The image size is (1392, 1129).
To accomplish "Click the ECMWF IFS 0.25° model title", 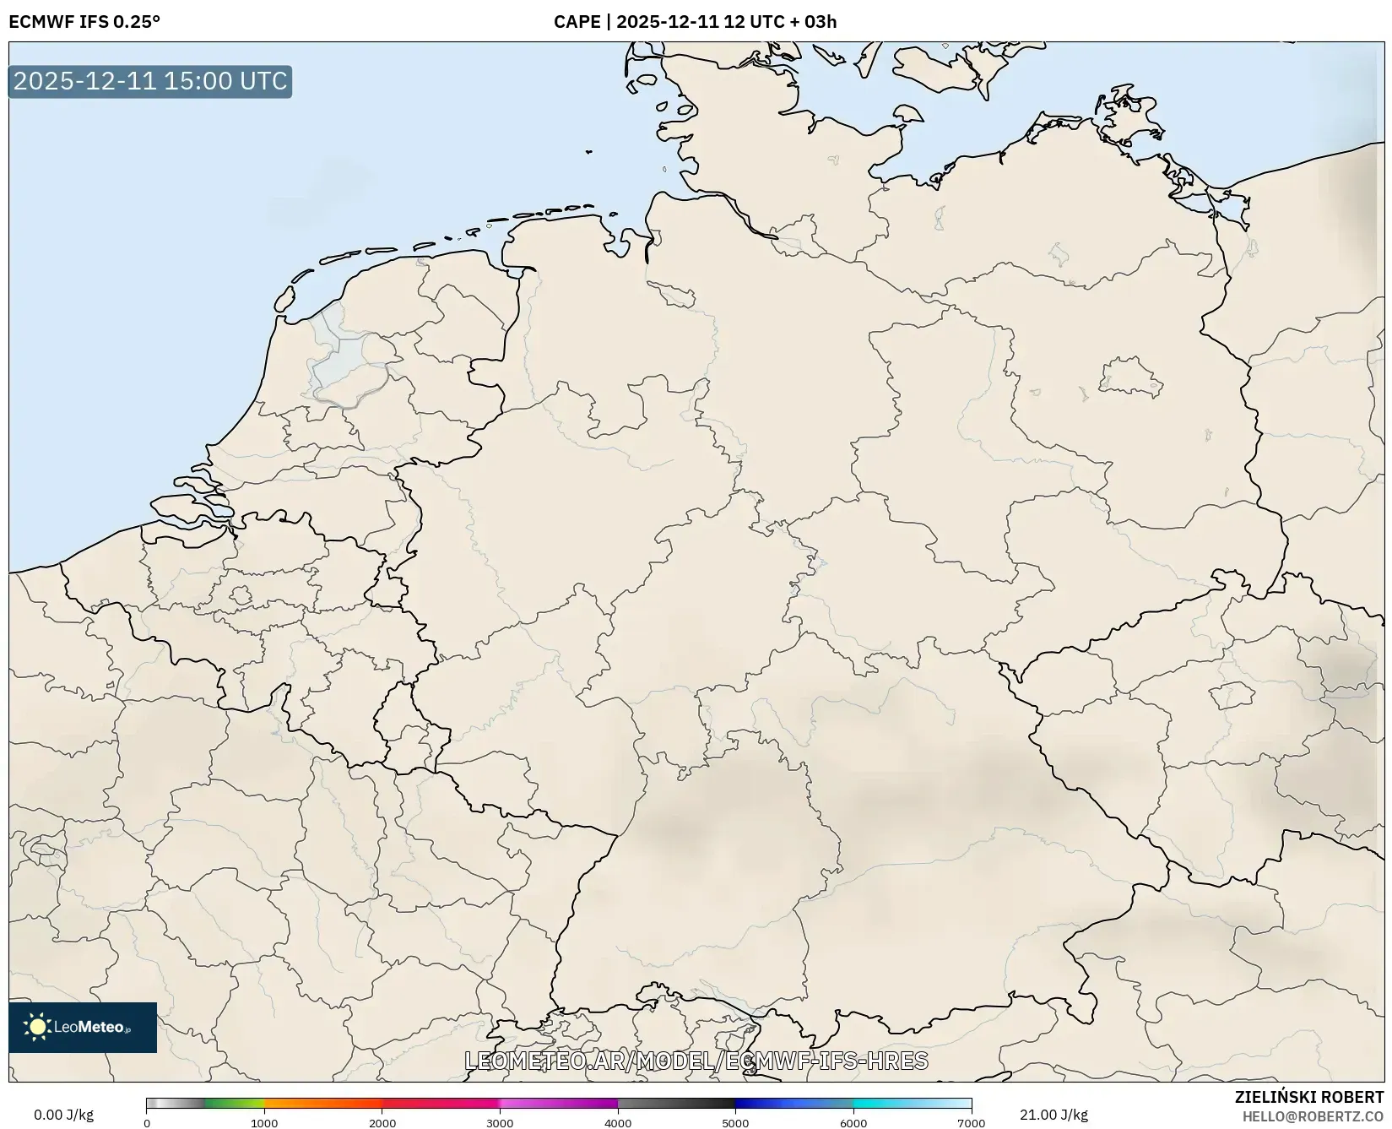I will coord(84,22).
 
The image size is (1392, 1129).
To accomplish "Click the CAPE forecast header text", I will coord(695,22).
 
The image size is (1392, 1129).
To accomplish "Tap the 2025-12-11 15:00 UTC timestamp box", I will coord(150,81).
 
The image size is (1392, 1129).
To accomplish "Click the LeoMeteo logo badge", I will coord(83,1027).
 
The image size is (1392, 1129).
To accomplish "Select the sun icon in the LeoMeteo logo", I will coord(37,1027).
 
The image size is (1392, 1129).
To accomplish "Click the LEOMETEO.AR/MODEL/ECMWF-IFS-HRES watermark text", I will coord(696,1061).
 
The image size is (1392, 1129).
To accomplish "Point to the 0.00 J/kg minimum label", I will coord(63,1115).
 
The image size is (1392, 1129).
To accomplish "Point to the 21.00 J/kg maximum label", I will coord(1053,1115).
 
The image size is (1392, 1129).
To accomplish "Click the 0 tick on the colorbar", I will coord(147,1123).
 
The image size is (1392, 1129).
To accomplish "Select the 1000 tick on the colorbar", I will coord(264,1123).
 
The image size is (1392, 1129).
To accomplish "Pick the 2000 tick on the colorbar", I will coord(382,1123).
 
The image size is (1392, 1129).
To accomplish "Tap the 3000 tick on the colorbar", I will coord(500,1123).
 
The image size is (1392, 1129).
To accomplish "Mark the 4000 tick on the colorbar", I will coord(618,1123).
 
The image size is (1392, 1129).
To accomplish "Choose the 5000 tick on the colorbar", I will coord(735,1123).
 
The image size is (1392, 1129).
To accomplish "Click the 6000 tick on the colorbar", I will coord(853,1123).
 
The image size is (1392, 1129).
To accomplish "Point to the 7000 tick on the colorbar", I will coord(971,1123).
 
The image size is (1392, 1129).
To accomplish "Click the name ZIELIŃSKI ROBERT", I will coord(1308,1098).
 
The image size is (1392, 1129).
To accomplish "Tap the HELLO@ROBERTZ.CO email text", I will coord(1313,1116).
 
